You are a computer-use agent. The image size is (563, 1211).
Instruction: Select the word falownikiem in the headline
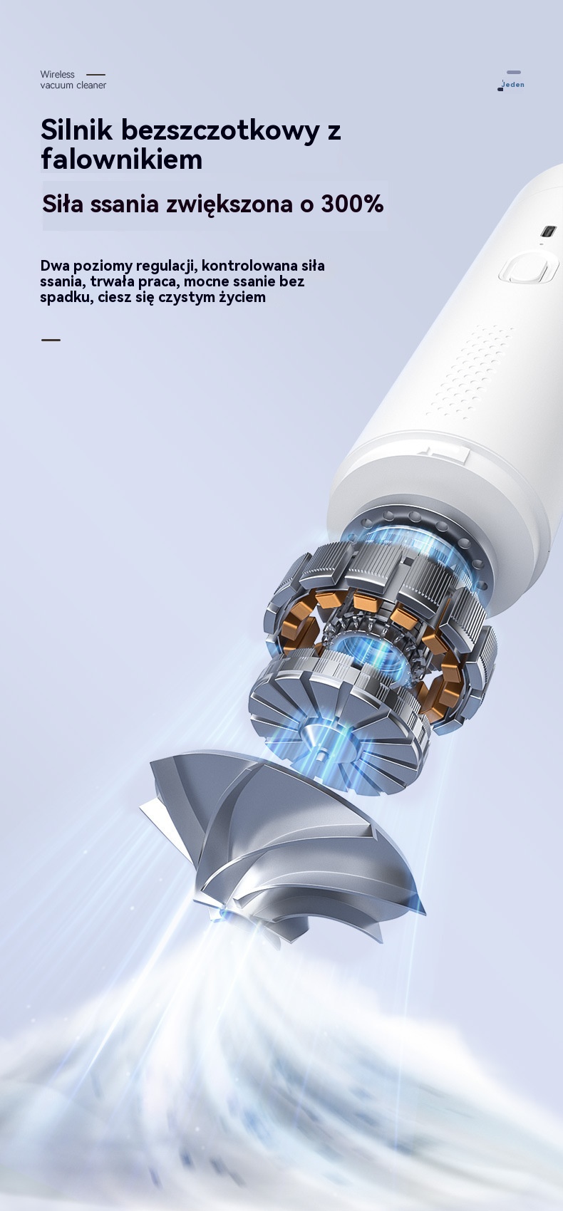point(122,159)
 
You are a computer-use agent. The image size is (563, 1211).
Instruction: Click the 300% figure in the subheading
point(352,204)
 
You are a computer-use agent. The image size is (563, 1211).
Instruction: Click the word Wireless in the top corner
point(57,75)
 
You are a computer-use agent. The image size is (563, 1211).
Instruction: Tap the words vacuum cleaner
point(73,85)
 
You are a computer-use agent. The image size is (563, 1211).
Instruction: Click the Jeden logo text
point(512,84)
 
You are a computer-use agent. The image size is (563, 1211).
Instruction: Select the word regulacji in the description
point(165,266)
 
